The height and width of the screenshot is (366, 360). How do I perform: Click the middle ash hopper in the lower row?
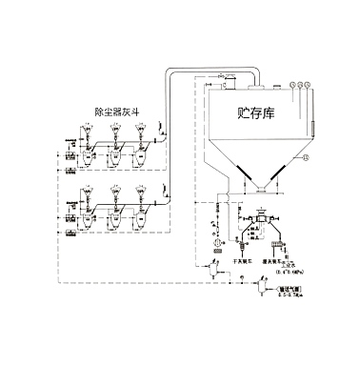pyautogui.click(x=114, y=217)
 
